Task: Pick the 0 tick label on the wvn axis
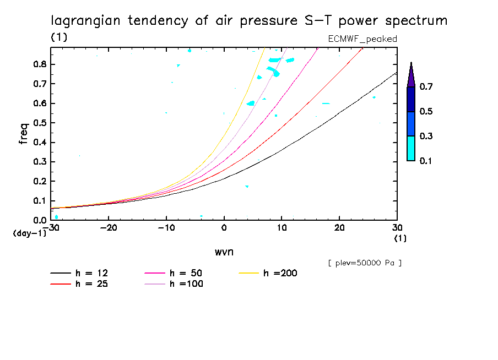pos(224,228)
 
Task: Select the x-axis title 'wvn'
pos(224,252)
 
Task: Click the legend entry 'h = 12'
pos(91,273)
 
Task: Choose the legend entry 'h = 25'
pos(91,284)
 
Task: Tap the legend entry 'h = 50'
pos(185,273)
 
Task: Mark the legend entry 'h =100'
pos(185,284)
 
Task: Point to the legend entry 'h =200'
pos(280,273)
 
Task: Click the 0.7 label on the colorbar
pos(425,87)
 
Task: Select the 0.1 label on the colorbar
pos(425,161)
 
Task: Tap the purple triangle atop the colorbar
pos(411,75)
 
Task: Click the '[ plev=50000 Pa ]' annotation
pos(365,263)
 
